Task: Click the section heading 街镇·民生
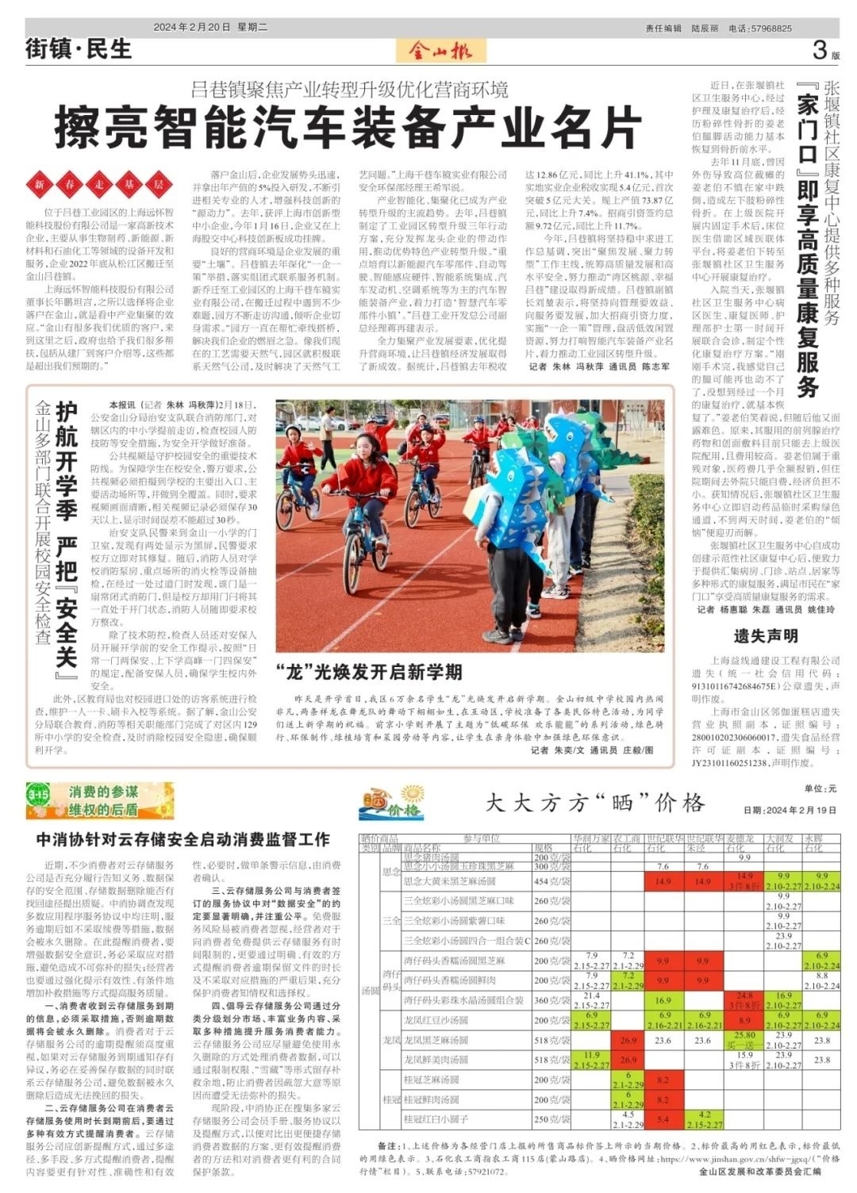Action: click(78, 49)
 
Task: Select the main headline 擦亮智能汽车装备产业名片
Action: click(348, 126)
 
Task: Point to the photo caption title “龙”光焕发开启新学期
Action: click(369, 672)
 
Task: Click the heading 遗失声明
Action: click(765, 635)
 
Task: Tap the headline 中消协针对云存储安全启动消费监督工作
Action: click(183, 838)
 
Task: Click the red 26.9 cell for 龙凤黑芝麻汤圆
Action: click(628, 1040)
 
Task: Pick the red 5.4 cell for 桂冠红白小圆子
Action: click(663, 1119)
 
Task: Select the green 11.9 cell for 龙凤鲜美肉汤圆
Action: click(591, 1060)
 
